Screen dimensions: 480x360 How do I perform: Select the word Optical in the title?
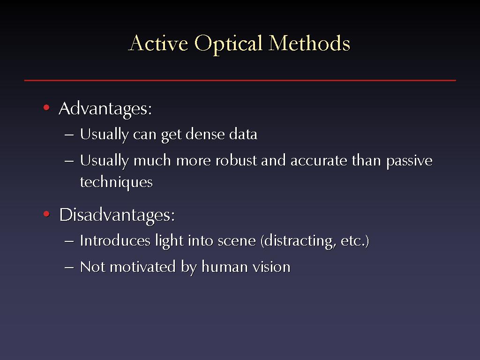click(x=228, y=44)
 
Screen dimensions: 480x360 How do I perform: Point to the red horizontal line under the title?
click(x=240, y=80)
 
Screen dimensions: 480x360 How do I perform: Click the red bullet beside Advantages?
click(x=46, y=107)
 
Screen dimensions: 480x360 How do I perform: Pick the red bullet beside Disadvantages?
click(x=46, y=214)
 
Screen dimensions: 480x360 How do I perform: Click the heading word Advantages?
click(x=105, y=109)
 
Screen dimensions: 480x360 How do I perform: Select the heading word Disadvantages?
click(x=117, y=216)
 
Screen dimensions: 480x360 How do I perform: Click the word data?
click(x=243, y=134)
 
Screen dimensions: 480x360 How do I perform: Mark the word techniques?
click(x=116, y=182)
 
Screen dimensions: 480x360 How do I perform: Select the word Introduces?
click(x=115, y=240)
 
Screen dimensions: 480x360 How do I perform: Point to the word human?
click(x=225, y=267)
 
